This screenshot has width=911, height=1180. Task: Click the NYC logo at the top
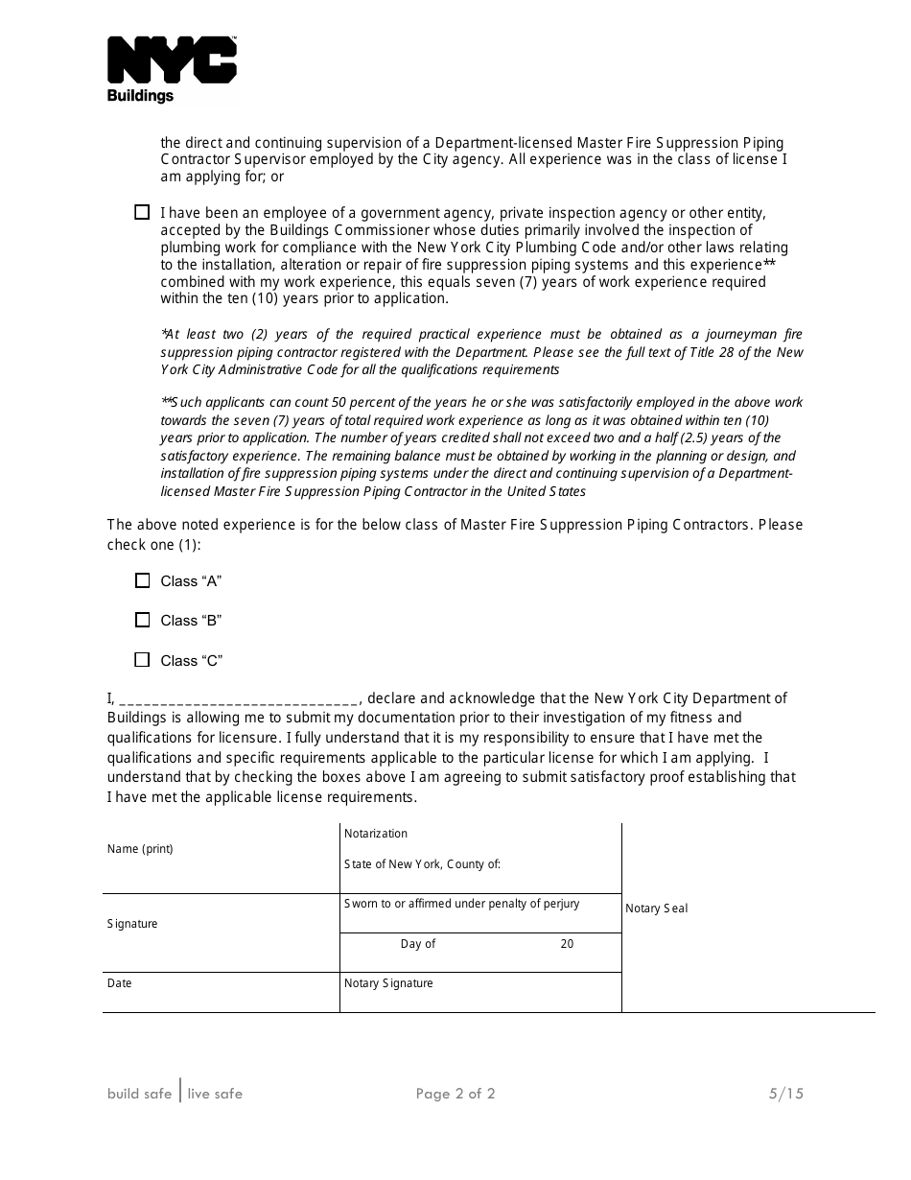[172, 59]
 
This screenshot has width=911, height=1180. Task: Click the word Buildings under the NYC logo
[140, 96]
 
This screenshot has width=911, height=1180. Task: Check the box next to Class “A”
[143, 580]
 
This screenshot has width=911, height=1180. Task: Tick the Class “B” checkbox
[143, 621]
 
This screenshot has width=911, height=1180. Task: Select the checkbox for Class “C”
[143, 660]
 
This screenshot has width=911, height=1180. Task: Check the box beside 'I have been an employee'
[143, 213]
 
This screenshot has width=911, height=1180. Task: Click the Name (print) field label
[140, 849]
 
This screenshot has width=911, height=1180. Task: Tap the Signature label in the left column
[132, 924]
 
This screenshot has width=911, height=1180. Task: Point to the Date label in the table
[120, 983]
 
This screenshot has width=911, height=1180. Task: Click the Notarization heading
[376, 834]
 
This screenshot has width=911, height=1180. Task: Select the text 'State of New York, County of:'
[422, 864]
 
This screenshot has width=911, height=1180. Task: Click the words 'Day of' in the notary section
[418, 944]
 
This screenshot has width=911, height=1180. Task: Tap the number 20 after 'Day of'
[567, 944]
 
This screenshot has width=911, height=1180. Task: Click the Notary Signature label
[388, 983]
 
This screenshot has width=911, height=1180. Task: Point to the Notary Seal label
[657, 909]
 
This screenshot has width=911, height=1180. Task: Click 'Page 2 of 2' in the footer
[455, 1094]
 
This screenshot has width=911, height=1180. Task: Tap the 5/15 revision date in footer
[785, 1094]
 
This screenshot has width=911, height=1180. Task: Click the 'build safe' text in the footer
[140, 1094]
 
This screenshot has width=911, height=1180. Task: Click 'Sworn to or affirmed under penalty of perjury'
[461, 904]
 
